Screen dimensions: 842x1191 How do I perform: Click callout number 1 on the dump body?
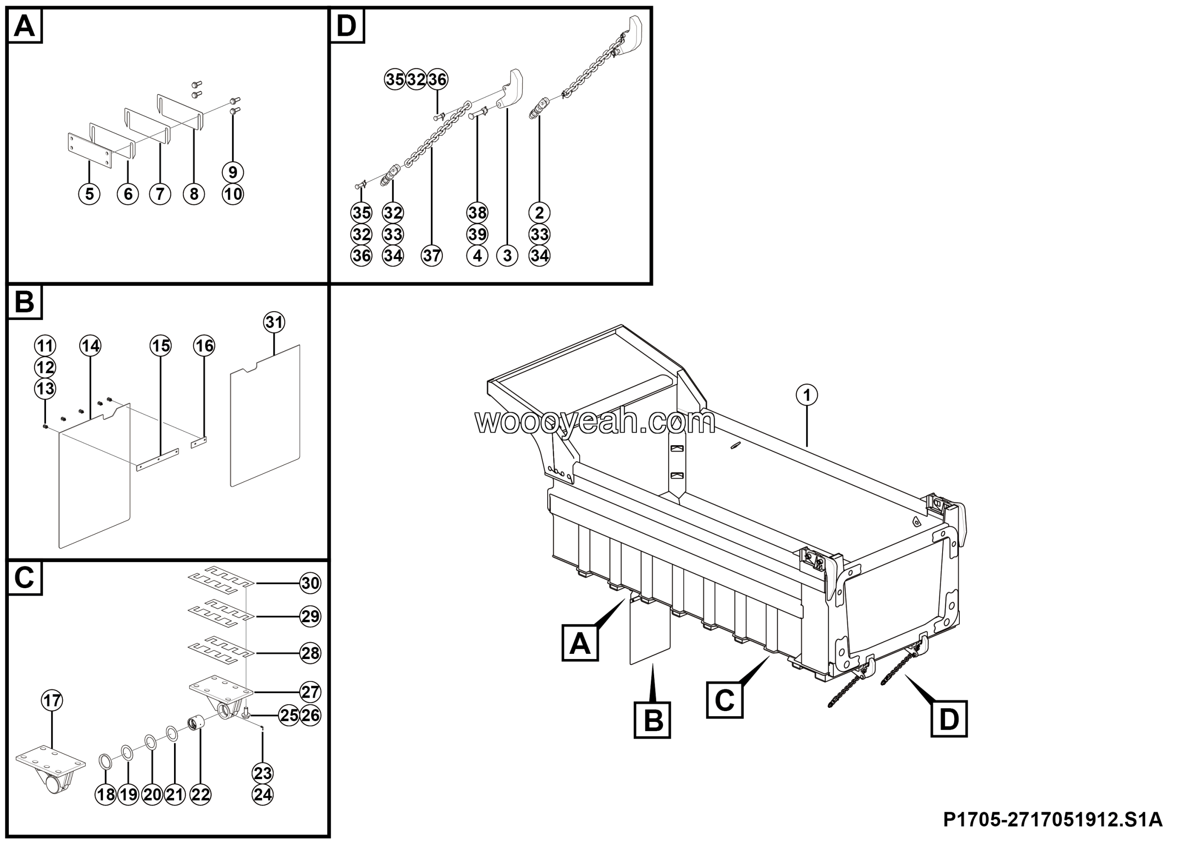pos(807,395)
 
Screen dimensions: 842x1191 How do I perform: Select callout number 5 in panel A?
pos(89,194)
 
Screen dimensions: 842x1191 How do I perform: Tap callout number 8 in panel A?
pos(194,194)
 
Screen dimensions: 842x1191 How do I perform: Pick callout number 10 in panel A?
pos(233,194)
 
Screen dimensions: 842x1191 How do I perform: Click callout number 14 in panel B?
pos(90,346)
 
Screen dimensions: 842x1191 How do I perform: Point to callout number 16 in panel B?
pos(204,346)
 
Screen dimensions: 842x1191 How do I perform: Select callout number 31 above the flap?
pos(274,322)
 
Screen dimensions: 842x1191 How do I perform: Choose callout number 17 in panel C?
pos(52,700)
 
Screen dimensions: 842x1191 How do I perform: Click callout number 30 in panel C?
pos(310,583)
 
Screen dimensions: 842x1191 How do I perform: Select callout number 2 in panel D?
pos(540,213)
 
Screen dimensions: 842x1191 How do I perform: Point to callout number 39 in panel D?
pos(477,234)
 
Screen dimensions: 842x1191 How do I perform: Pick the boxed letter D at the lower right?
pos(949,719)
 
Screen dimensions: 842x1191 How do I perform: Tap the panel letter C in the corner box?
pos(24,577)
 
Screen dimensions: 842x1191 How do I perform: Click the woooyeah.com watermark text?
pos(595,421)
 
